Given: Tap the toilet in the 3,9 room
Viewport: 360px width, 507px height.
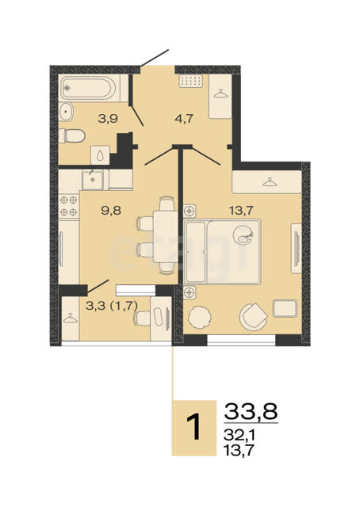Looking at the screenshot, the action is click(x=72, y=135).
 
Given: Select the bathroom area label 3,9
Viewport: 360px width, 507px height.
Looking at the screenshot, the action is click(x=108, y=119).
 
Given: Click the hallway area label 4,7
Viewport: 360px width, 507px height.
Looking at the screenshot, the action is click(x=184, y=119).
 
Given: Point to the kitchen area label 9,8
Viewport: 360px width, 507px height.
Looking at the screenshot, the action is click(x=111, y=211).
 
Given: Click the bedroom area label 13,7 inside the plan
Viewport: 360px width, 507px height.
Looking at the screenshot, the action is click(x=241, y=211).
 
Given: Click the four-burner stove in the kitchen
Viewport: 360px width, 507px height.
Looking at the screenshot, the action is click(x=69, y=206).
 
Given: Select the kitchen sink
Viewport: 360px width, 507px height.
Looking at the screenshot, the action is click(x=93, y=179).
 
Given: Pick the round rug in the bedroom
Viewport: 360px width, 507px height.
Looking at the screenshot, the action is click(x=200, y=317).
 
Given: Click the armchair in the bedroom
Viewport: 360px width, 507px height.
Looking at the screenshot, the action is click(x=253, y=317).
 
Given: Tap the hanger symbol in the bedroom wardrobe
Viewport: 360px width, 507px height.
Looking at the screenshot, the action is click(x=270, y=182).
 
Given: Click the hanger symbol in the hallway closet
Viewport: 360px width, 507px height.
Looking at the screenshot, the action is click(x=220, y=93).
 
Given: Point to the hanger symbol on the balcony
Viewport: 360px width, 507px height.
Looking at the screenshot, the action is click(x=71, y=318).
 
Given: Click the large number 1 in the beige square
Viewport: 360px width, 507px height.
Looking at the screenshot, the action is click(x=195, y=428).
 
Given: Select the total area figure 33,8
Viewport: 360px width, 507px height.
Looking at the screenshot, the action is click(x=251, y=411).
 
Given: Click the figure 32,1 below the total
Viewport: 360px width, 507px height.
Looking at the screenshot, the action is click(x=239, y=435).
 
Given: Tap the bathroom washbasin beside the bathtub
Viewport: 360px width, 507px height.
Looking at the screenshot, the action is click(x=67, y=112).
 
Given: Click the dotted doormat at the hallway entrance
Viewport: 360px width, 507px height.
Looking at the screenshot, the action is click(x=191, y=81).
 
